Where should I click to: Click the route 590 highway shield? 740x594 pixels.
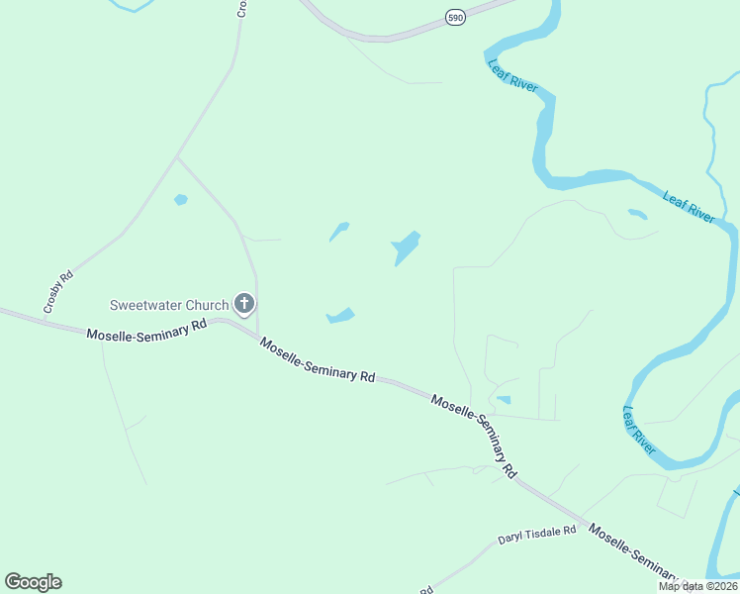pos(454,18)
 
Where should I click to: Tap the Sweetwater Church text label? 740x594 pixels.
pos(168,304)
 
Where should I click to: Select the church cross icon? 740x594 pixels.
pos(243,304)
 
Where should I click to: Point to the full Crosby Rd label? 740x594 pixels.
pos(58,293)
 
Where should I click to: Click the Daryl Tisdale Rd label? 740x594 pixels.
pos(536,536)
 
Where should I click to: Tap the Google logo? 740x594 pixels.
pos(33,582)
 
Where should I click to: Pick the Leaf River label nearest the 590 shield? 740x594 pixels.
pos(512,76)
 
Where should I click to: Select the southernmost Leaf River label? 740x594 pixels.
pos(639,429)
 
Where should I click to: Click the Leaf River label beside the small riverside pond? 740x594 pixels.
pos(689,207)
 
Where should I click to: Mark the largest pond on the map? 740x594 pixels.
pos(406,247)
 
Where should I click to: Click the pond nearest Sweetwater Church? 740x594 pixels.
pos(340,316)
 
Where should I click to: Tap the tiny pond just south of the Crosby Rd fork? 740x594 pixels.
pos(181,200)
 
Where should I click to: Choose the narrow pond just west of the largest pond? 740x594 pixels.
pos(338,232)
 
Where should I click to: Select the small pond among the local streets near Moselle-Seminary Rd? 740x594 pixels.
pos(504,400)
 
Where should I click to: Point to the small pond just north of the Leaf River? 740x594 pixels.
pos(637,213)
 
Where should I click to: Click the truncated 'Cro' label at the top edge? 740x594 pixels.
pos(241,9)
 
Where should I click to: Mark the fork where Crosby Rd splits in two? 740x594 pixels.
pos(176,156)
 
